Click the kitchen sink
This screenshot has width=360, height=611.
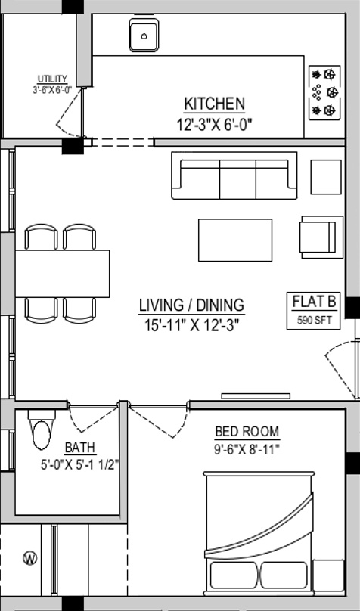[x=144, y=35]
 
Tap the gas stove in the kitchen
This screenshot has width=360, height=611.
[x=324, y=92]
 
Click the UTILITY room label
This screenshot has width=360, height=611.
[x=52, y=79]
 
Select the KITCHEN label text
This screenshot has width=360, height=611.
[x=214, y=104]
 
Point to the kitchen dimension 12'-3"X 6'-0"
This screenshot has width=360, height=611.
[x=215, y=125]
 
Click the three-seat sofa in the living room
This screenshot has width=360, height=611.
[x=234, y=175]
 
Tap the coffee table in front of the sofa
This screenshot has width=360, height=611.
[x=235, y=240]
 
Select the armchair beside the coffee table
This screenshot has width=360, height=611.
[x=321, y=237]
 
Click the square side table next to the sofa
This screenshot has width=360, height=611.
[x=326, y=176]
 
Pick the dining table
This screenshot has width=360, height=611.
[x=62, y=274]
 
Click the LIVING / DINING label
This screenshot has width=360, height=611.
[x=191, y=305]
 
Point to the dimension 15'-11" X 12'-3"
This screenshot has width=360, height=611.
[x=191, y=325]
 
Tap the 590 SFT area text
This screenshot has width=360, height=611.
[x=314, y=321]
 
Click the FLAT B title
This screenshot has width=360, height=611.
[x=314, y=302]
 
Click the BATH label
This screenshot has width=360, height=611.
[x=80, y=448]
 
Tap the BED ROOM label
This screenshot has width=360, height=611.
[x=247, y=432]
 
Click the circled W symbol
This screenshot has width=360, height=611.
[x=30, y=558]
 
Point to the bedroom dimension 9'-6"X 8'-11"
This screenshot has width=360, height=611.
[x=247, y=450]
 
